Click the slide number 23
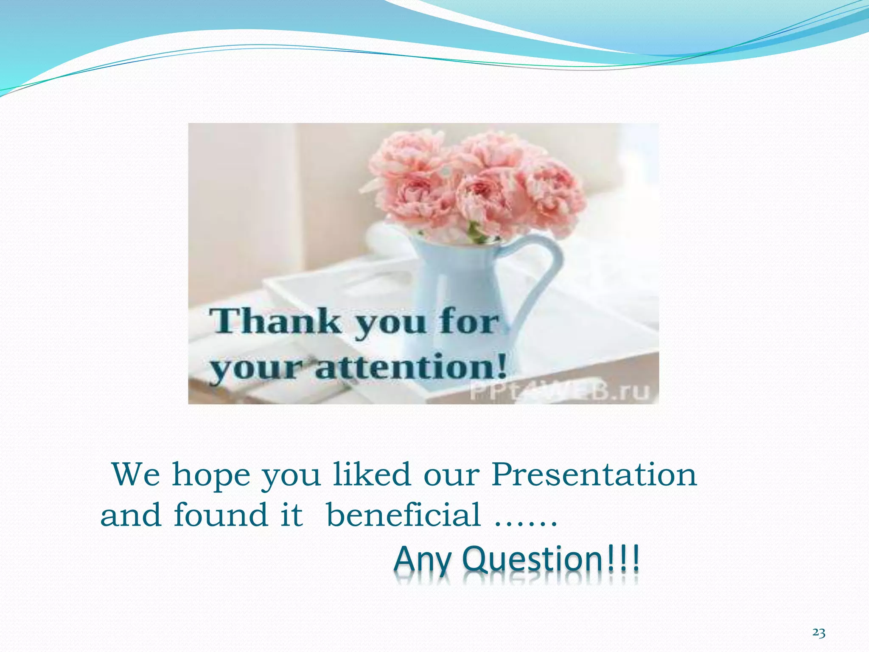point(819,633)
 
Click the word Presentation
point(594,475)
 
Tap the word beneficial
point(404,515)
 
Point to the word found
point(221,515)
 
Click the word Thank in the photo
point(276,321)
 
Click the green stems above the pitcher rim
point(475,233)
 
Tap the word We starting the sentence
point(136,475)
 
